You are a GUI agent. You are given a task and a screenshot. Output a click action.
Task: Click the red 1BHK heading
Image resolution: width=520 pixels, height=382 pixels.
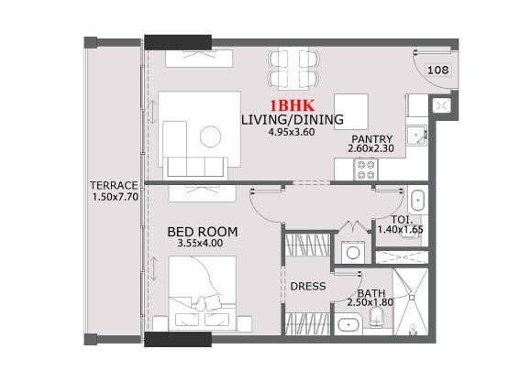coord(292,105)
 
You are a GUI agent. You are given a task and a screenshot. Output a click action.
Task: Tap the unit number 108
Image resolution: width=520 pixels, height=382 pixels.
coord(437,69)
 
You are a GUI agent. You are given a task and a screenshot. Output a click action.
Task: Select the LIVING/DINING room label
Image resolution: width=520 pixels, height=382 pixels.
coord(292,119)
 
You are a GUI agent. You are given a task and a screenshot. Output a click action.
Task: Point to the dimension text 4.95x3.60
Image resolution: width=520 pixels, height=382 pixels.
coord(292,132)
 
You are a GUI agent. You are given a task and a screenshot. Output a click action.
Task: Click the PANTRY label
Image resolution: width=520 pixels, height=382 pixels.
coord(372,138)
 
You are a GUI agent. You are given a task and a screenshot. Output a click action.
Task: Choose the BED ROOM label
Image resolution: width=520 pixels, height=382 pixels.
coord(203,233)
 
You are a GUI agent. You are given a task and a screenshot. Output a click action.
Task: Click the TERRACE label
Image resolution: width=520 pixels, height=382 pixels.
coord(114,184)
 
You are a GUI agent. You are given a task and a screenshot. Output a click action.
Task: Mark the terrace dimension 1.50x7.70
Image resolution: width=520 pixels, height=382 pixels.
coord(114,197)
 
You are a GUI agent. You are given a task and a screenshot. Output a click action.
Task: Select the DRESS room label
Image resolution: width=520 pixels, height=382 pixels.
coord(308,286)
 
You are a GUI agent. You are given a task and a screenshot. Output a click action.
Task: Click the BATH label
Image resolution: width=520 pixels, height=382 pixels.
coord(359,293)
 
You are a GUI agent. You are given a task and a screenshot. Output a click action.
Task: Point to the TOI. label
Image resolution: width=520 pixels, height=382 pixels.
coord(402,221)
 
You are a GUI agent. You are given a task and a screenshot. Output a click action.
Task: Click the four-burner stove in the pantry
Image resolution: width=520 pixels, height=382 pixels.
coord(366,169)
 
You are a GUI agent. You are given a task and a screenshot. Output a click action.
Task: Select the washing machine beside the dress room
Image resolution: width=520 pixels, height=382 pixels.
coord(352,250)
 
